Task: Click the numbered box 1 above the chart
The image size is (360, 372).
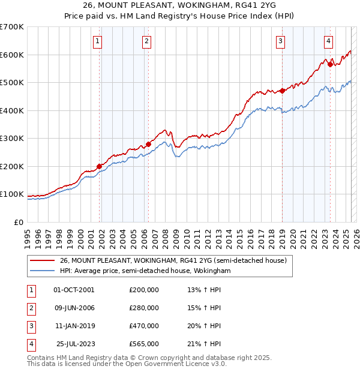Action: click(x=97, y=41)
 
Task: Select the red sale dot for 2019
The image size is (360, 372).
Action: click(x=282, y=91)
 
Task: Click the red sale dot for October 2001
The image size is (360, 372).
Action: click(x=100, y=166)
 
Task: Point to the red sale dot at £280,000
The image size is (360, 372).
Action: click(x=148, y=144)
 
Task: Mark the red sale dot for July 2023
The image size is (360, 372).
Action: click(x=330, y=65)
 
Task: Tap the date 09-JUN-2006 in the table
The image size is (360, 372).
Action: click(x=74, y=308)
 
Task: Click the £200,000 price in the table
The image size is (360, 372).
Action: click(x=144, y=290)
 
